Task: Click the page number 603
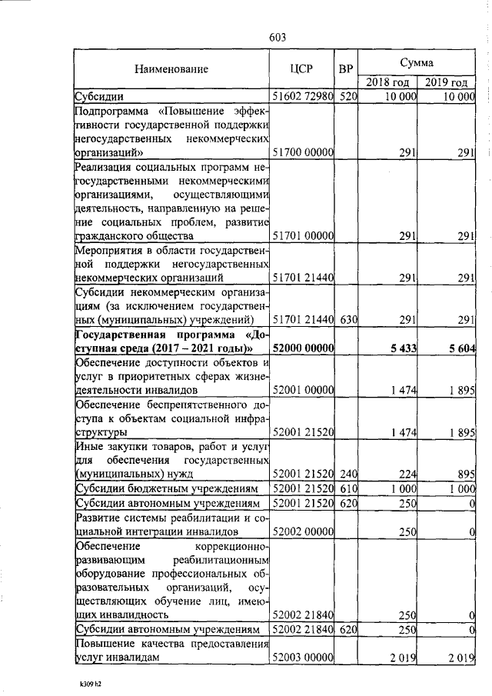coord(278,38)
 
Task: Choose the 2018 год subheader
coord(387,82)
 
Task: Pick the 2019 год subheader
coord(447,82)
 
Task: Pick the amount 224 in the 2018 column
coord(407,474)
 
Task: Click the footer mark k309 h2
coord(90,682)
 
